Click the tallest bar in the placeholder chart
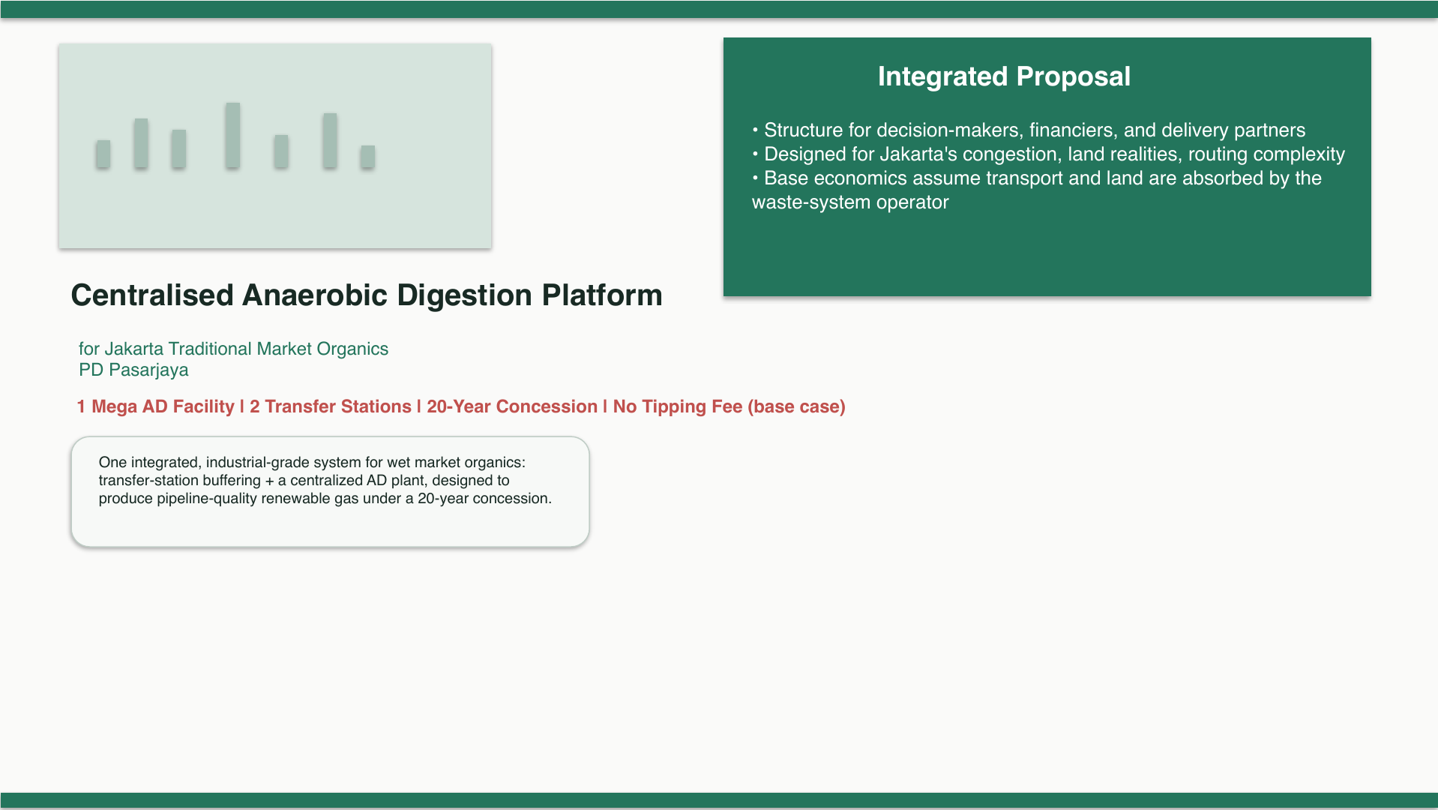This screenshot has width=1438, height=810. tap(232, 135)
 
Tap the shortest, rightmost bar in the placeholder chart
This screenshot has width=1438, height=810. tap(367, 156)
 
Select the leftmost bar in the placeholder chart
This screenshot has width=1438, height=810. tap(103, 154)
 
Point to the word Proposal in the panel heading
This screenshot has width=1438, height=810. tap(1073, 76)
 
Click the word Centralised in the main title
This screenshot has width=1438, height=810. tap(152, 295)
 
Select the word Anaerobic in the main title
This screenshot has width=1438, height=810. tap(315, 295)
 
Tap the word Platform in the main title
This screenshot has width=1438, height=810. tap(602, 295)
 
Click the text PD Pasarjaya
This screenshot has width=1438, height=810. tap(133, 370)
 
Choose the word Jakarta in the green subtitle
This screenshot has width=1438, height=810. tap(133, 349)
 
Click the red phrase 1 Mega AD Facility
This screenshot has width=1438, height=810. tap(156, 406)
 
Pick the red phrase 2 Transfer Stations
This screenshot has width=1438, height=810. tap(331, 406)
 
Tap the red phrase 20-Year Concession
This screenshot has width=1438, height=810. tap(512, 406)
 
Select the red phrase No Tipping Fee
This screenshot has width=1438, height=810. tap(678, 406)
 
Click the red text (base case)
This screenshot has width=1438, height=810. tap(796, 406)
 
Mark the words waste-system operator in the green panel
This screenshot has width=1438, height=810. tap(850, 202)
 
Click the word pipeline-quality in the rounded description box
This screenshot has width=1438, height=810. tap(207, 499)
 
